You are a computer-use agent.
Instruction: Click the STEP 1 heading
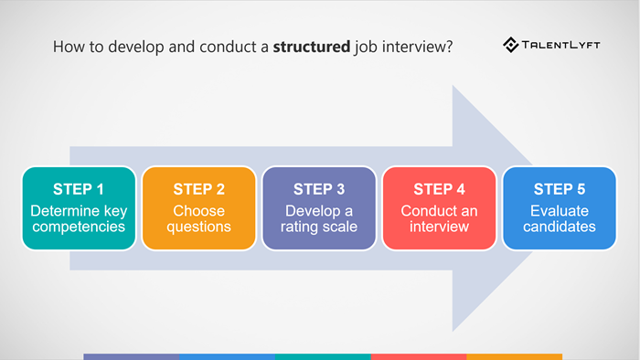[x=79, y=189]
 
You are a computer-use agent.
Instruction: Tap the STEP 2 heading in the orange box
[x=198, y=189]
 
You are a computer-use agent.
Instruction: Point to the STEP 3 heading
[x=319, y=189]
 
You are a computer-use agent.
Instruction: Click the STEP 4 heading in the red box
[x=439, y=189]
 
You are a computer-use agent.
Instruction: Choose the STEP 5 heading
[x=559, y=189]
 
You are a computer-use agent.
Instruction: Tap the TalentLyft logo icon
[x=511, y=44]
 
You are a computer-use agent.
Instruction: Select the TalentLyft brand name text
[x=559, y=44]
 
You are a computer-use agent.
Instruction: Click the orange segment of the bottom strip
[x=514, y=356]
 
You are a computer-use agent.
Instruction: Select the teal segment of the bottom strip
[x=322, y=356]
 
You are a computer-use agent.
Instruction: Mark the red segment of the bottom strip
[x=418, y=356]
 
